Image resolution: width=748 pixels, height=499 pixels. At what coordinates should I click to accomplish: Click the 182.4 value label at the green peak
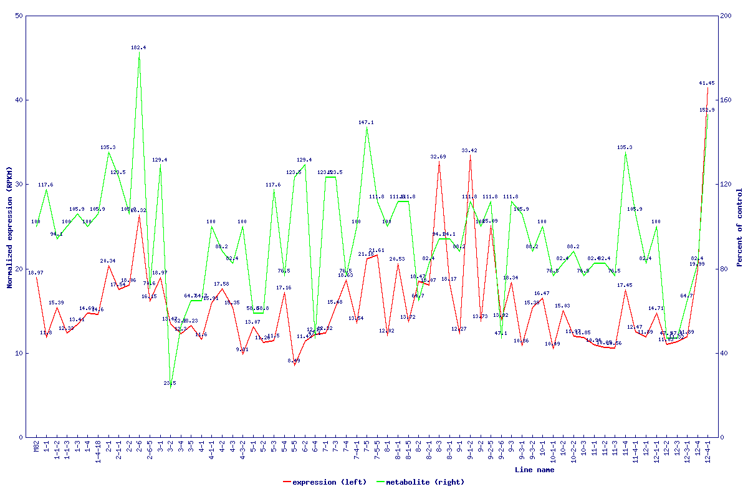point(139,47)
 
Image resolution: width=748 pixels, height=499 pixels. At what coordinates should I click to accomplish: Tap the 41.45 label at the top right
point(707,83)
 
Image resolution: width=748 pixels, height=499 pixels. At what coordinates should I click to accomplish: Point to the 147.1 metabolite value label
point(367,123)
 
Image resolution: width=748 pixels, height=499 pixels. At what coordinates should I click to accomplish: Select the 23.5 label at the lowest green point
point(170,383)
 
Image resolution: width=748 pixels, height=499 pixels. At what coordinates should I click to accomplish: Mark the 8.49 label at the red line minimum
point(294,361)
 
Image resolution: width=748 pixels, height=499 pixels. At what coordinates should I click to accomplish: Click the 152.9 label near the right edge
point(707,110)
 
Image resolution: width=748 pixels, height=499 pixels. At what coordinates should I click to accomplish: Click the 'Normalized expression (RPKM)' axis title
point(10,226)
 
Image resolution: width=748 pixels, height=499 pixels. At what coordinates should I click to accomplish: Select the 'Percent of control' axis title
point(739,227)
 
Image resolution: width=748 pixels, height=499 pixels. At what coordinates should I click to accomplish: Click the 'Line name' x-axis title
point(534,470)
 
